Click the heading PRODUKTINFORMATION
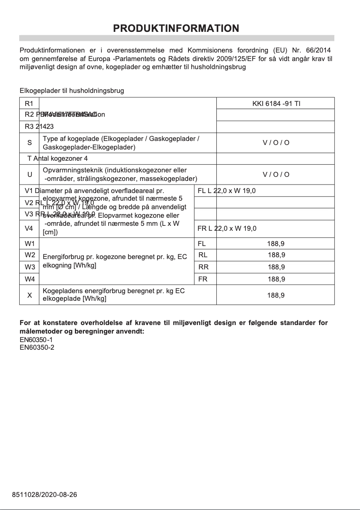pyautogui.click(x=176, y=28)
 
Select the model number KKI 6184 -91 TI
pyautogui.click(x=276, y=103)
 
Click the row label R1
pyautogui.click(x=29, y=103)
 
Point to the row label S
pyautogui.click(x=29, y=143)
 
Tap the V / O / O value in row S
pyautogui.click(x=276, y=143)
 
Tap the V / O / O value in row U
pyautogui.click(x=276, y=175)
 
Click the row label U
pyautogui.click(x=29, y=175)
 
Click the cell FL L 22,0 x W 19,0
pyautogui.click(x=227, y=191)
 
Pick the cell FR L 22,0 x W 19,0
pyautogui.click(x=227, y=229)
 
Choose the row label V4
pyautogui.click(x=29, y=229)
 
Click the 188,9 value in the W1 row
pyautogui.click(x=276, y=244)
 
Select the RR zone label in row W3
pyautogui.click(x=203, y=267)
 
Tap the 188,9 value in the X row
pyautogui.click(x=276, y=295)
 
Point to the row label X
pyautogui.click(x=29, y=295)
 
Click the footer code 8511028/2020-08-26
pyautogui.click(x=44, y=495)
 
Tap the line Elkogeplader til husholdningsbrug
pyautogui.click(x=72, y=91)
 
